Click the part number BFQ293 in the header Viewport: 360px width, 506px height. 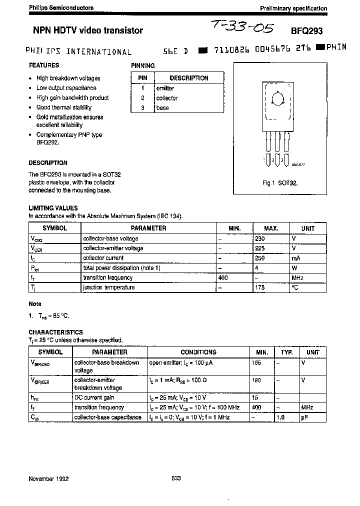(310, 30)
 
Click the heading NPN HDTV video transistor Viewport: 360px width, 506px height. (86, 30)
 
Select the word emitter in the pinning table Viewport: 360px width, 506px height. (165, 88)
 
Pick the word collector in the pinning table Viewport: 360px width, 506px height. (167, 98)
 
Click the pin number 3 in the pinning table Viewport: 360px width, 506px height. (142, 108)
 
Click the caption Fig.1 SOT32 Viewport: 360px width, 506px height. (280, 183)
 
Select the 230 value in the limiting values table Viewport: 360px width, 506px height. (260, 238)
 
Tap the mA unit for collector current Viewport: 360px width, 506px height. (296, 258)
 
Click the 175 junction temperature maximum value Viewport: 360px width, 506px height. (260, 287)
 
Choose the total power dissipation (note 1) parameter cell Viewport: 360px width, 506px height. (121, 268)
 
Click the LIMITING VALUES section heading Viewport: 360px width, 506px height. (53, 208)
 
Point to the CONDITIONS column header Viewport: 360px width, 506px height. (198, 352)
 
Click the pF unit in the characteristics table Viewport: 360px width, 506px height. (304, 417)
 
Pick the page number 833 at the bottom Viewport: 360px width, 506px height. (176, 478)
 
